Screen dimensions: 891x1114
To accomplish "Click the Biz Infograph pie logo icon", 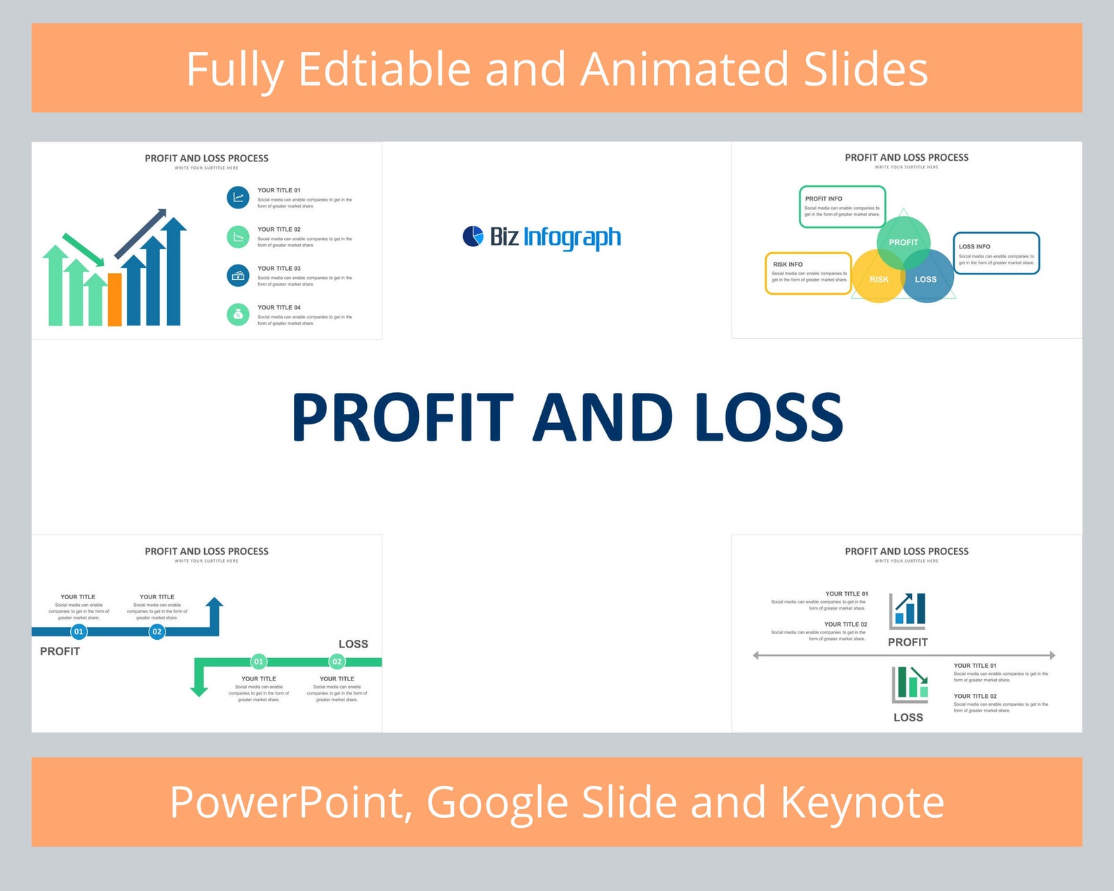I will (473, 236).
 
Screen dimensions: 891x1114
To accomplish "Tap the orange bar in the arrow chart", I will (114, 300).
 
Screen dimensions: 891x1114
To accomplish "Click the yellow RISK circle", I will (878, 279).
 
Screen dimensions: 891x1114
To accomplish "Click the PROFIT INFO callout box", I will (842, 206).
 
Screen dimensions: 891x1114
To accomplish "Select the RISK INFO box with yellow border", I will (808, 273).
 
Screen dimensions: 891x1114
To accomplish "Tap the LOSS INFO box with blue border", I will (996, 253).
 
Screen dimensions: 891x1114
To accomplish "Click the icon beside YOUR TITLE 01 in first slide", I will (238, 197).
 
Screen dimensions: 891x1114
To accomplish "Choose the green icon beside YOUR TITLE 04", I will (238, 314).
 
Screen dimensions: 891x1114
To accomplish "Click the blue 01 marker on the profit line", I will (79, 631).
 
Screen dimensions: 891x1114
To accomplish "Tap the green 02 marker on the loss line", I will (337, 662).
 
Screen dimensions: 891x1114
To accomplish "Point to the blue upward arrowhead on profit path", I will (215, 603).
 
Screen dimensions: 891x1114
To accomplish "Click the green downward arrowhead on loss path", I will (199, 690).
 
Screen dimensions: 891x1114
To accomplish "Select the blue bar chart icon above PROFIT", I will (908, 610).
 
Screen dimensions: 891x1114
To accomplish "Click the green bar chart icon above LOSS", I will (910, 683).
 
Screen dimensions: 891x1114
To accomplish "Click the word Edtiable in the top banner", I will (384, 69).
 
